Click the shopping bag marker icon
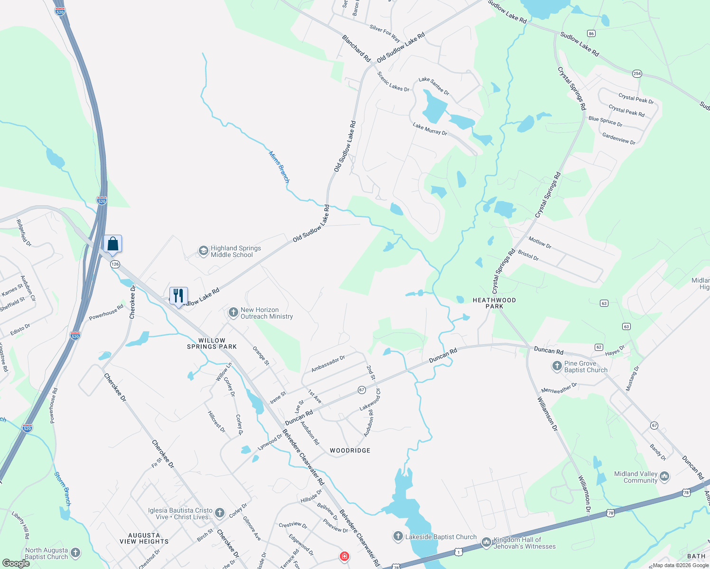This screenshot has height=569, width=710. (x=113, y=244)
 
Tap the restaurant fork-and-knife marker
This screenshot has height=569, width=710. (x=178, y=295)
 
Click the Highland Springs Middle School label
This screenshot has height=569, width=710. (x=235, y=251)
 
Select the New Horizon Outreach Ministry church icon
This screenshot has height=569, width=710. (x=233, y=312)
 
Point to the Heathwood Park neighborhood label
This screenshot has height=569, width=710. (x=494, y=303)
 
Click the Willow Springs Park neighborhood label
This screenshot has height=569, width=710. (x=212, y=343)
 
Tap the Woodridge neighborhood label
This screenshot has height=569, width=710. (x=350, y=450)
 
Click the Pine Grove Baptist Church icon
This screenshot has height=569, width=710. (x=557, y=366)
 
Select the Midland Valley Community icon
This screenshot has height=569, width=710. (x=664, y=476)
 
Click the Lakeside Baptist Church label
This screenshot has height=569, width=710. (x=440, y=537)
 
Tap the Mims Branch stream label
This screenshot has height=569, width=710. (x=279, y=167)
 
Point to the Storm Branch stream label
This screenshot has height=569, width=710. (x=63, y=488)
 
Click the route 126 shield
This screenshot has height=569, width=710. (x=115, y=264)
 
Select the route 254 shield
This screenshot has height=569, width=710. (x=637, y=73)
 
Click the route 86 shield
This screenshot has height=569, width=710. (x=591, y=33)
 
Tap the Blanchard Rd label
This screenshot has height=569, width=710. (x=356, y=48)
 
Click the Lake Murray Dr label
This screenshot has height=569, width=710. (x=430, y=129)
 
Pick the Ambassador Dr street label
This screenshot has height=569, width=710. (x=328, y=364)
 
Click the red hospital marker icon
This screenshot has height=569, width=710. (x=345, y=556)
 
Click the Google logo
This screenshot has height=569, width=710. (x=16, y=563)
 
